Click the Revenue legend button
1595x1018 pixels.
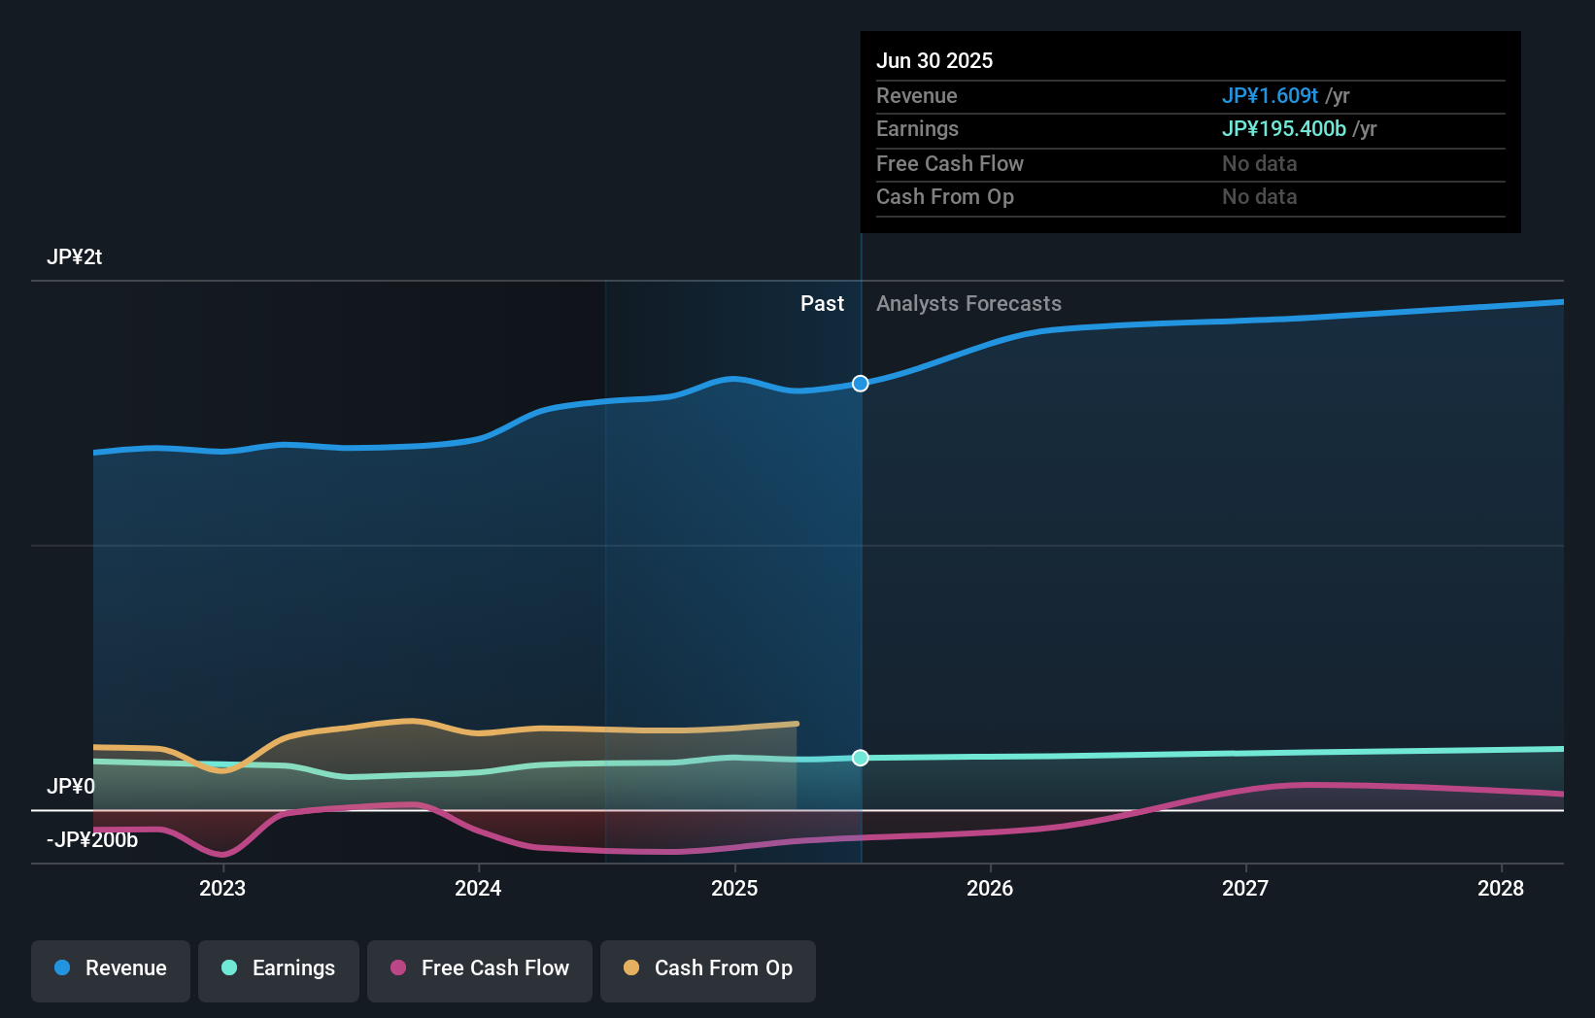[111, 969]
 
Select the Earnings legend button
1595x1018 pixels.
[279, 969]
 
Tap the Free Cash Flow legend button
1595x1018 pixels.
[480, 969]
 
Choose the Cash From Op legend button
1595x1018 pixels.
[708, 969]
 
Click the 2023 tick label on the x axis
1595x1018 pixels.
[222, 888]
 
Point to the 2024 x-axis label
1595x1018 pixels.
[478, 888]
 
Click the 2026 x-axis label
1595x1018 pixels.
[990, 888]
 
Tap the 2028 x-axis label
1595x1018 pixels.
[1501, 888]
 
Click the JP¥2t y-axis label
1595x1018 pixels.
[74, 257]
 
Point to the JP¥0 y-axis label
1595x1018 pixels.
[71, 786]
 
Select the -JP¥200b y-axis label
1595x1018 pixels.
[92, 839]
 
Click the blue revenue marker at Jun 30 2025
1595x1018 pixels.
[861, 384]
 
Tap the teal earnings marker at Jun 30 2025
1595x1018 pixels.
[861, 758]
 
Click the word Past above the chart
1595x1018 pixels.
[822, 304]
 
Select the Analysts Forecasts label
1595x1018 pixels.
[968, 304]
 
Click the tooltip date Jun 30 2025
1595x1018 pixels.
[934, 60]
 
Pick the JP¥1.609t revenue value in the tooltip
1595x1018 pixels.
[1270, 95]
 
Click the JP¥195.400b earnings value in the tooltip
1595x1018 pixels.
[1283, 129]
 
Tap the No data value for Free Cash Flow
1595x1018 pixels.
[1259, 163]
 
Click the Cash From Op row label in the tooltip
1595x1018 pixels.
[944, 197]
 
